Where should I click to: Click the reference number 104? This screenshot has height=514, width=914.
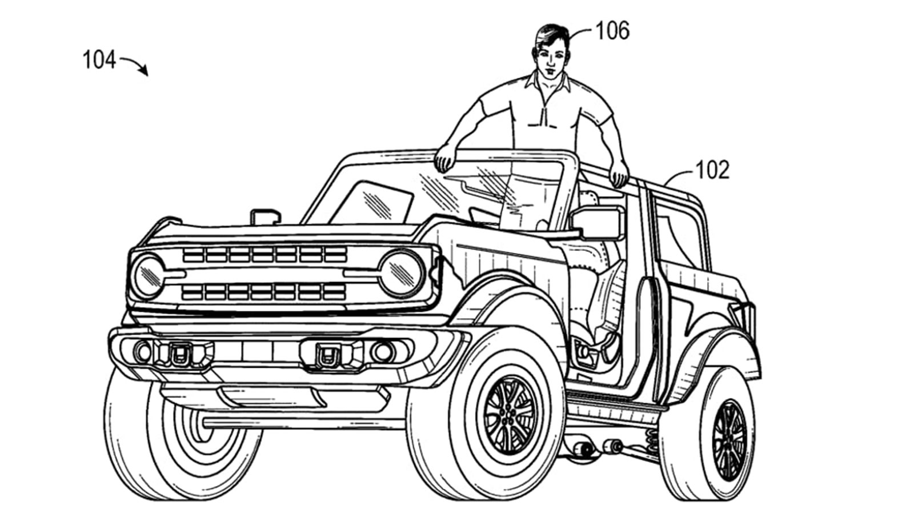[99, 60]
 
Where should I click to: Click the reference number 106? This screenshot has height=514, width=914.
[612, 31]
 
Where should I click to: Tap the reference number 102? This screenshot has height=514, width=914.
[712, 170]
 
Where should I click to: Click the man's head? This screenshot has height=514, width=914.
[551, 50]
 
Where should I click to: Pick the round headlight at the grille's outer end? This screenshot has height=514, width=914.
[148, 276]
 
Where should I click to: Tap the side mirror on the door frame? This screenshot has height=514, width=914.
[597, 223]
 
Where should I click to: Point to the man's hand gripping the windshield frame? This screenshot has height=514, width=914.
[444, 159]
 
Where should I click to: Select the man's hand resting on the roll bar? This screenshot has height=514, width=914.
[619, 173]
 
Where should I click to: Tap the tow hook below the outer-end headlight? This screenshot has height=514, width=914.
[179, 354]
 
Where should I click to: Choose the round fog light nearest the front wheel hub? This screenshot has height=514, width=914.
[382, 352]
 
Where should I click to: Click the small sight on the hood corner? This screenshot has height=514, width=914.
[265, 217]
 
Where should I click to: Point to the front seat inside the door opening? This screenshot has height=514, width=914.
[606, 303]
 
